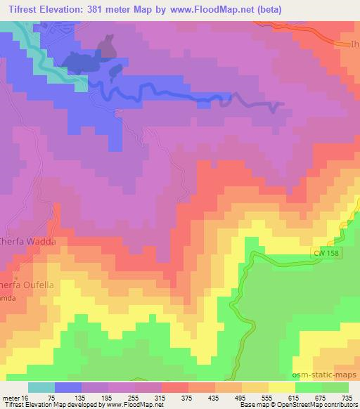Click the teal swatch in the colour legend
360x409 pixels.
click(x=41, y=387)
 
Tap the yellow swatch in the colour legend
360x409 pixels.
click(x=281, y=387)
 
